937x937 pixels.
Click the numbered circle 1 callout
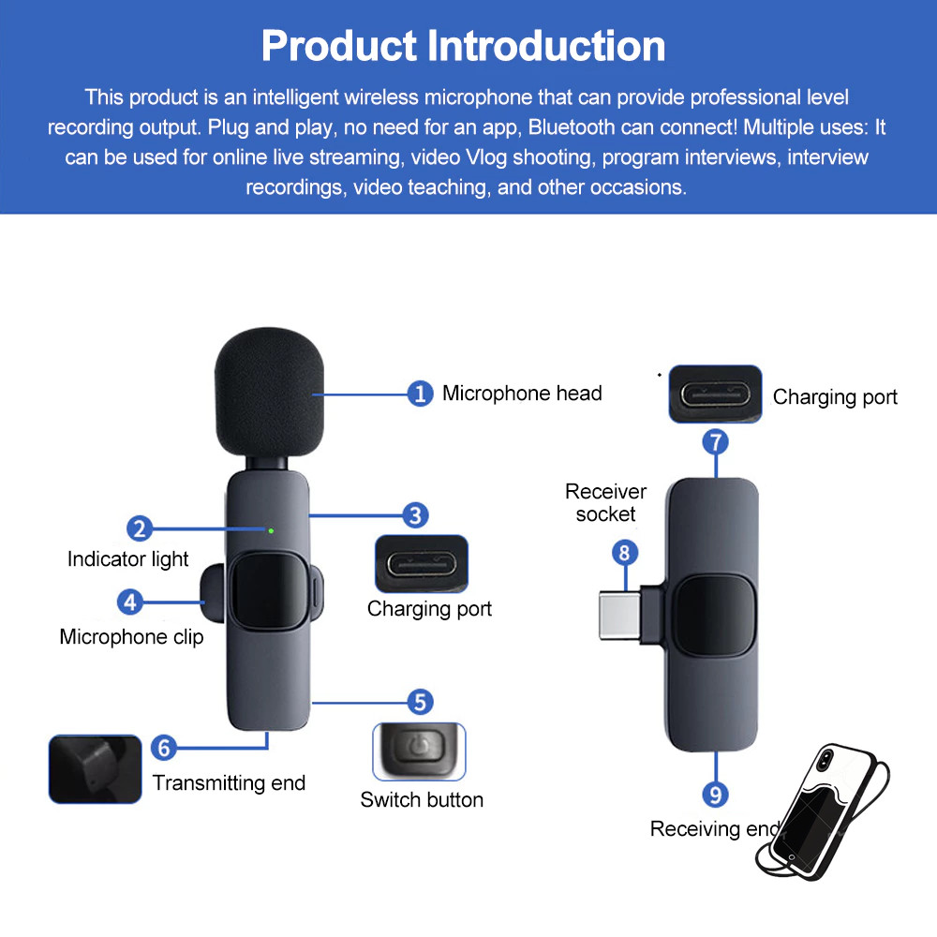click(421, 394)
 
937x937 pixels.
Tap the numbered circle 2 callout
click(140, 528)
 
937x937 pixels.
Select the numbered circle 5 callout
click(420, 702)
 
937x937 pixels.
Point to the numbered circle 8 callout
click(625, 552)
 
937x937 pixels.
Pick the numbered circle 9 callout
click(715, 795)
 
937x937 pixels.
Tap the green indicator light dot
click(271, 531)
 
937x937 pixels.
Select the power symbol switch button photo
click(420, 751)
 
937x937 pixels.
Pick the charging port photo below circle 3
click(421, 564)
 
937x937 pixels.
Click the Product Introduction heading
click(464, 45)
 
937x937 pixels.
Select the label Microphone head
click(522, 394)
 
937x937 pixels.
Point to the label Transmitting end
click(229, 783)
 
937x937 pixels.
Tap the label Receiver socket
click(605, 502)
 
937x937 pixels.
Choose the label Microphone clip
click(131, 637)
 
